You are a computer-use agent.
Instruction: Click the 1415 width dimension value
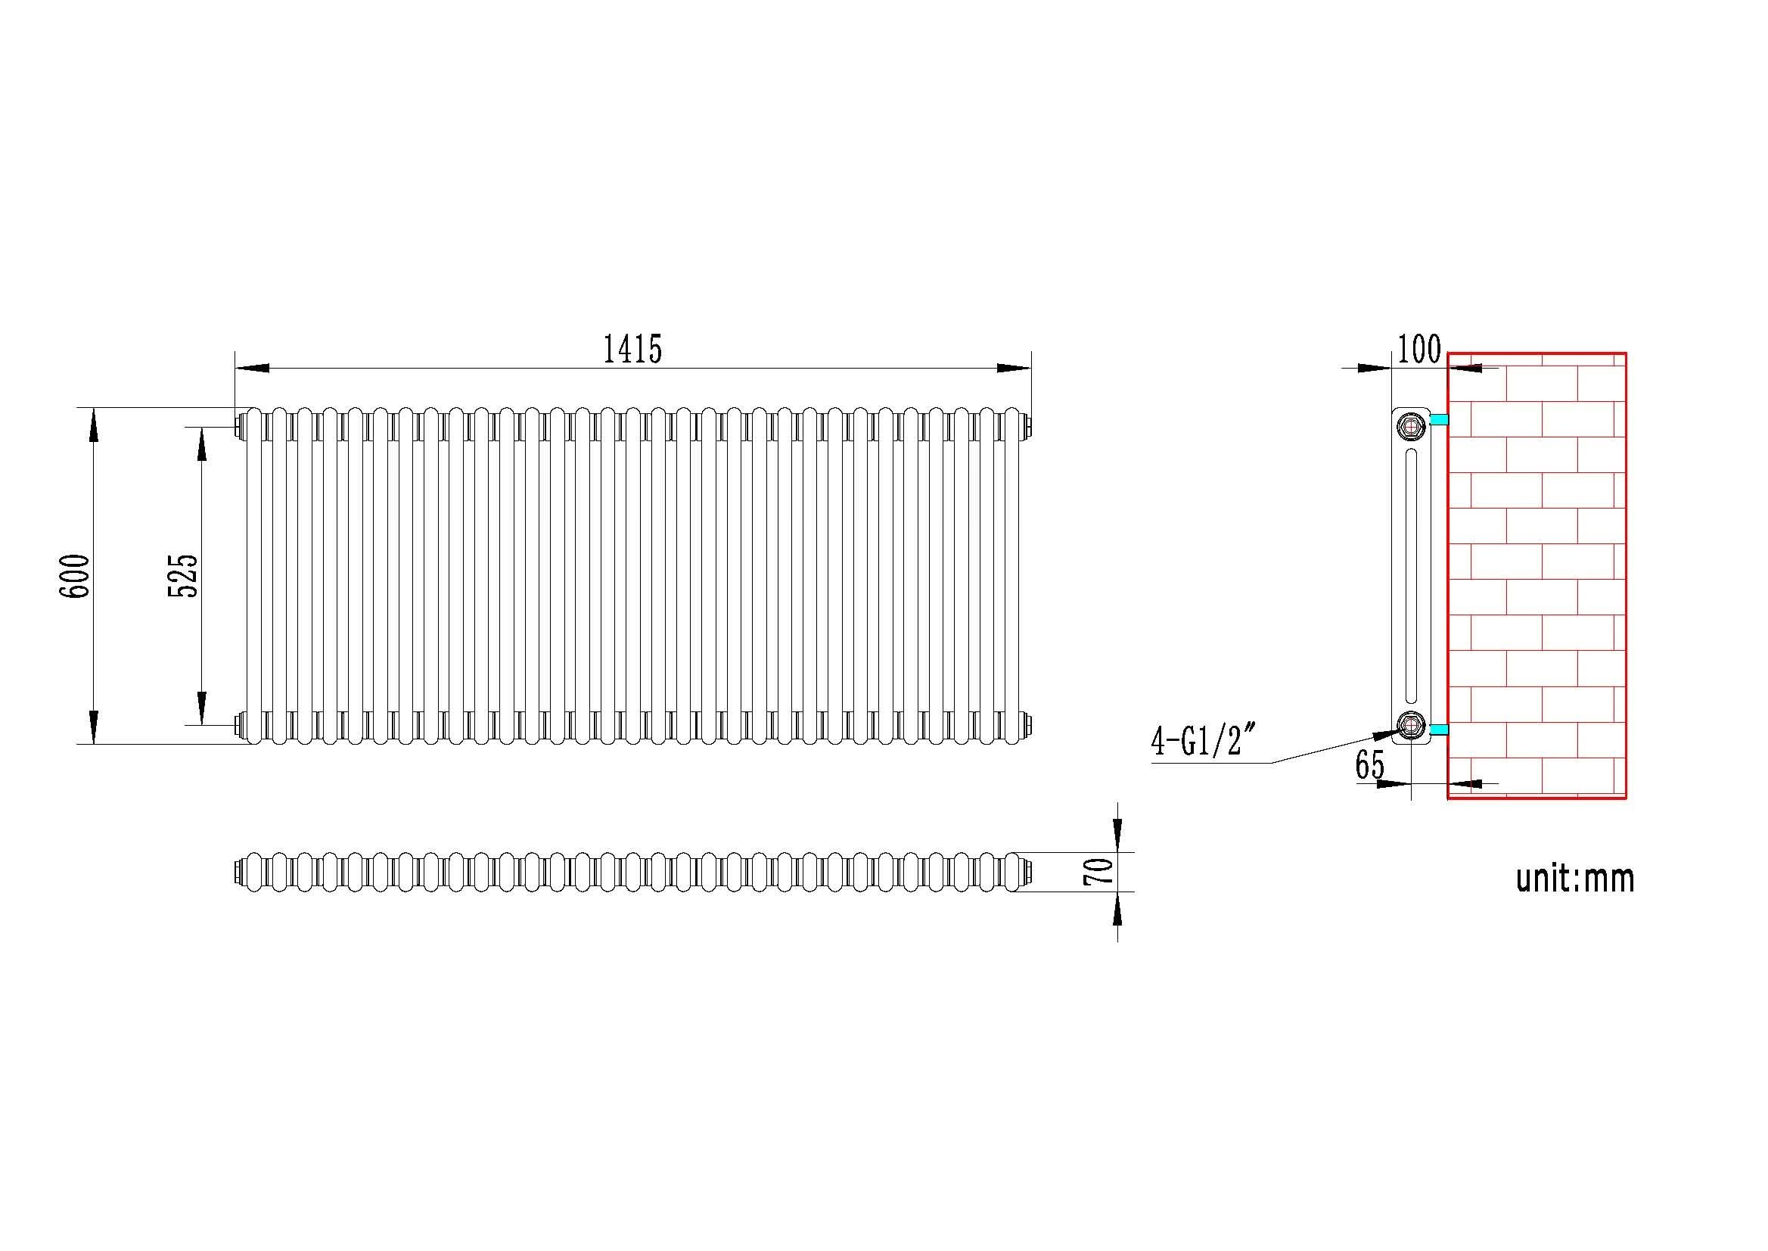632,350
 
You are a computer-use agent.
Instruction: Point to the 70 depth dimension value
1100,871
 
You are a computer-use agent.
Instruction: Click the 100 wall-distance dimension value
1418,350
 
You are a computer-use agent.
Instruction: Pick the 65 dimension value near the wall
1370,765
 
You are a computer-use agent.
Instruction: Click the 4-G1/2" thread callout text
1203,742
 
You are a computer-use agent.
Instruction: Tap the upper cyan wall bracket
1439,420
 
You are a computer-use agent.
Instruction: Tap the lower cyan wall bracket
1439,729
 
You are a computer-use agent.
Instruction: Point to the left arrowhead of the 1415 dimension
251,369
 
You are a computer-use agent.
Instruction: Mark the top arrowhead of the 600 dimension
93,425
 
